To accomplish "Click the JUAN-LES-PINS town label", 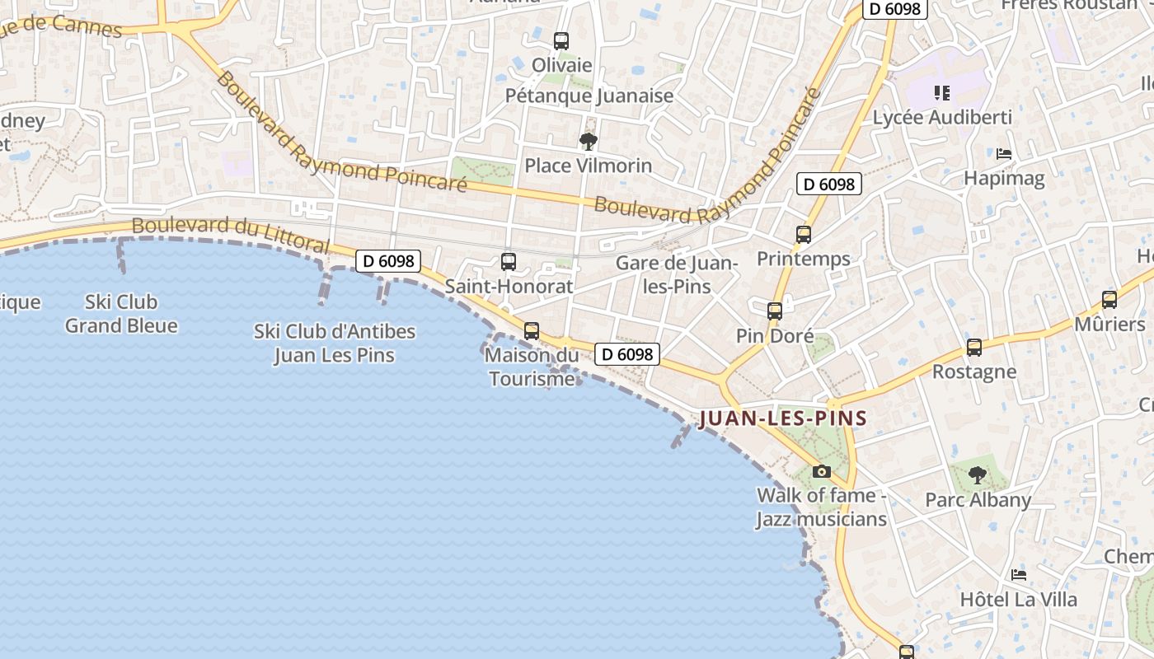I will tap(783, 418).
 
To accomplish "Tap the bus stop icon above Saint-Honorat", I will tap(509, 262).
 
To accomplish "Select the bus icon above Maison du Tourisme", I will tap(532, 331).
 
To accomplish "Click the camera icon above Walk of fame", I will tap(822, 471).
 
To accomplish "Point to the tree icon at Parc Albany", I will tap(978, 475).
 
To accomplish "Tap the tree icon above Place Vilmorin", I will tap(588, 142).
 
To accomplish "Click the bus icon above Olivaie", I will tap(561, 40).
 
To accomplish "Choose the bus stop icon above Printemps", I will tap(804, 235).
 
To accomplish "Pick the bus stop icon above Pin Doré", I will tap(775, 311).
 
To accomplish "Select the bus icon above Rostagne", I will tap(974, 348).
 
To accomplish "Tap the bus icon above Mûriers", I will tap(1109, 300).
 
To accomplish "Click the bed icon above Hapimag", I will tap(1003, 154).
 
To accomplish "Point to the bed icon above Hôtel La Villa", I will tap(1019, 575).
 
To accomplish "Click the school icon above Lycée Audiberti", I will tap(941, 93).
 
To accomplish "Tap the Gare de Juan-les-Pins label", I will tap(676, 274).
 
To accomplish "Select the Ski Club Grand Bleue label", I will tap(121, 314).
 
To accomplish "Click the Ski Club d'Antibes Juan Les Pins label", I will tap(334, 344).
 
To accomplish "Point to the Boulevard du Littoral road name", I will tap(231, 234).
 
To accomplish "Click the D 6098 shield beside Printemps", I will tap(828, 184).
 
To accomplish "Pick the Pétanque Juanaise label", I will tap(589, 96).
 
